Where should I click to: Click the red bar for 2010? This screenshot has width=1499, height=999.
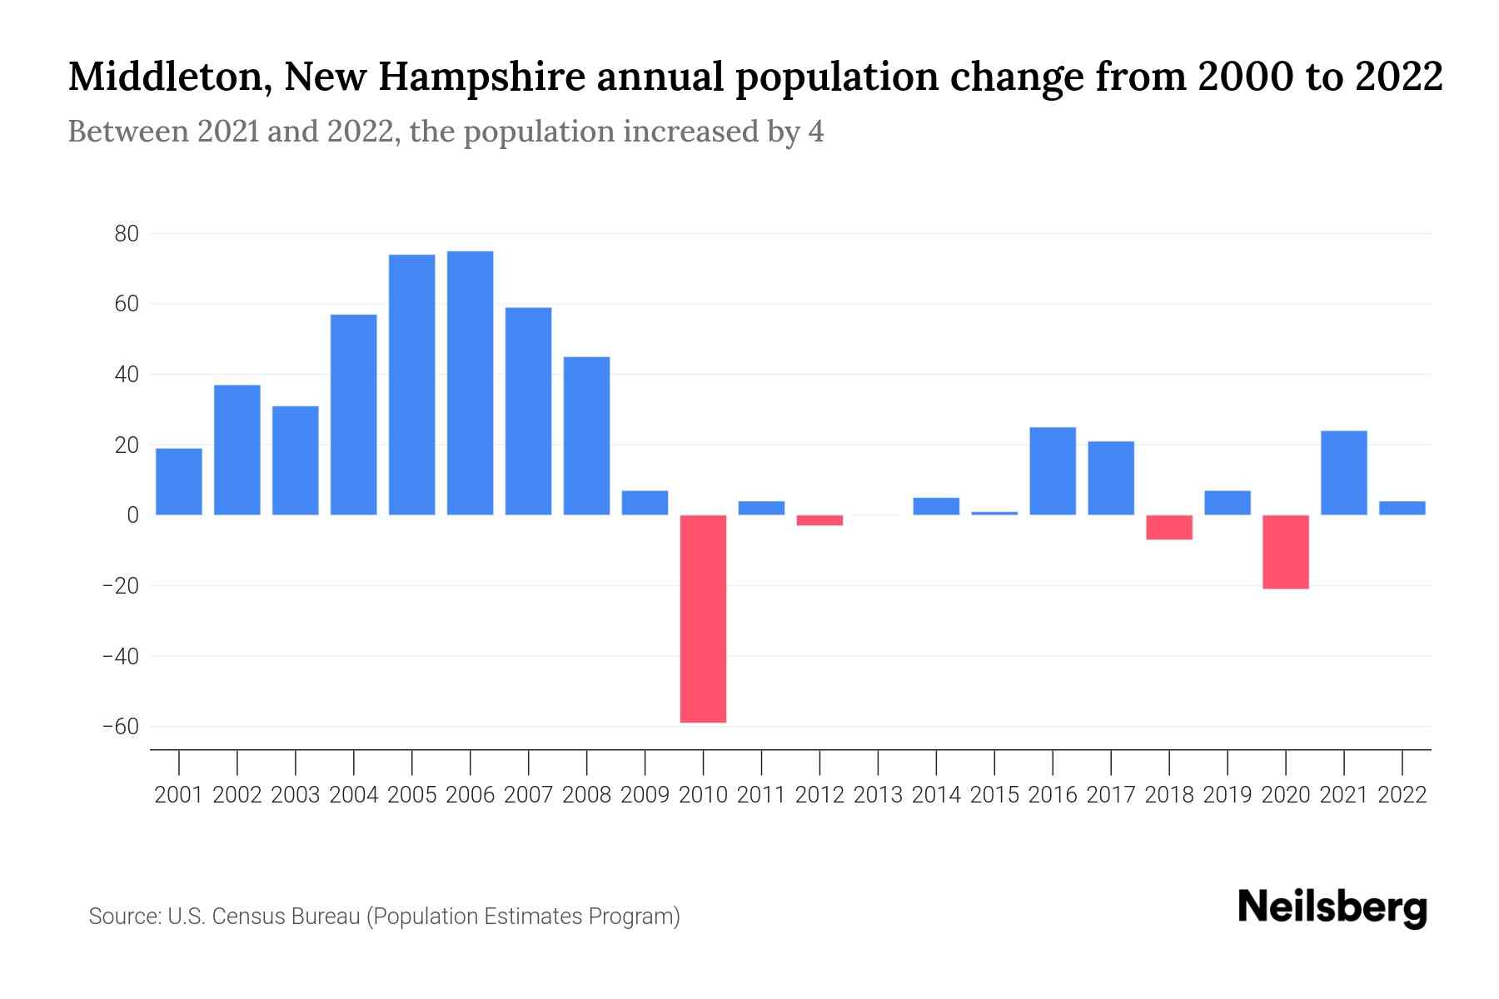point(703,619)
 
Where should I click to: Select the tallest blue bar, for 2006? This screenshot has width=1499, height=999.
point(470,383)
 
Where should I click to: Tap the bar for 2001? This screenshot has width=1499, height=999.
point(179,481)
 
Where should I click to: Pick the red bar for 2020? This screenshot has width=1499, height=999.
point(1285,552)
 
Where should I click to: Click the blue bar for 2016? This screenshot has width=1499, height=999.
point(1053,471)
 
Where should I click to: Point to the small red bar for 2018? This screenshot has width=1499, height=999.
point(1169,527)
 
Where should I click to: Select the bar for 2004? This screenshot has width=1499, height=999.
point(354,415)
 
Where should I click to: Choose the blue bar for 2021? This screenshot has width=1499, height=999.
point(1343,473)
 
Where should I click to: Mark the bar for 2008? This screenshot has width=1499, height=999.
point(586,435)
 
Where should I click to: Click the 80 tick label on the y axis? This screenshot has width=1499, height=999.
point(127,234)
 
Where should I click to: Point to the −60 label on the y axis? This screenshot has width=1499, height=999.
point(120,727)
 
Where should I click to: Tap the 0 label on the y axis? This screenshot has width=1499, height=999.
point(132,515)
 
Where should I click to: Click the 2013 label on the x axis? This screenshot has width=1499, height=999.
point(878,795)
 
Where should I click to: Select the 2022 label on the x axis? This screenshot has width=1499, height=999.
point(1402,795)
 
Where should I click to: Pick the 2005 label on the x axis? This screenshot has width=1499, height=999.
point(412,795)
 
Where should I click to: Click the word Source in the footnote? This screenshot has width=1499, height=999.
point(123,917)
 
